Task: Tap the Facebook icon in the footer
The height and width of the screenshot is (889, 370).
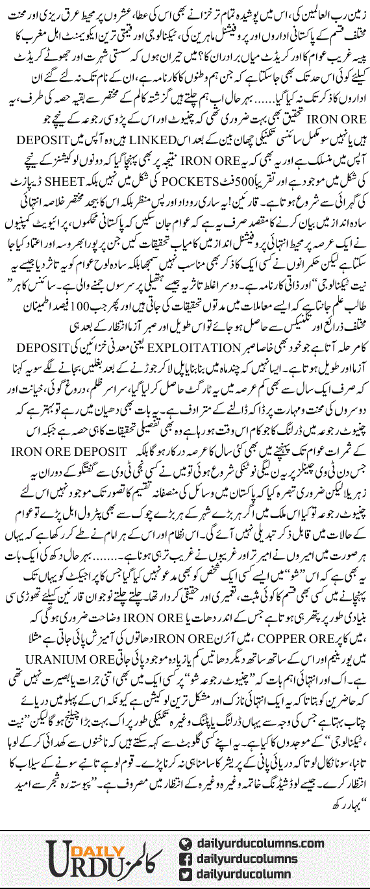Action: [x=186, y=858]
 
